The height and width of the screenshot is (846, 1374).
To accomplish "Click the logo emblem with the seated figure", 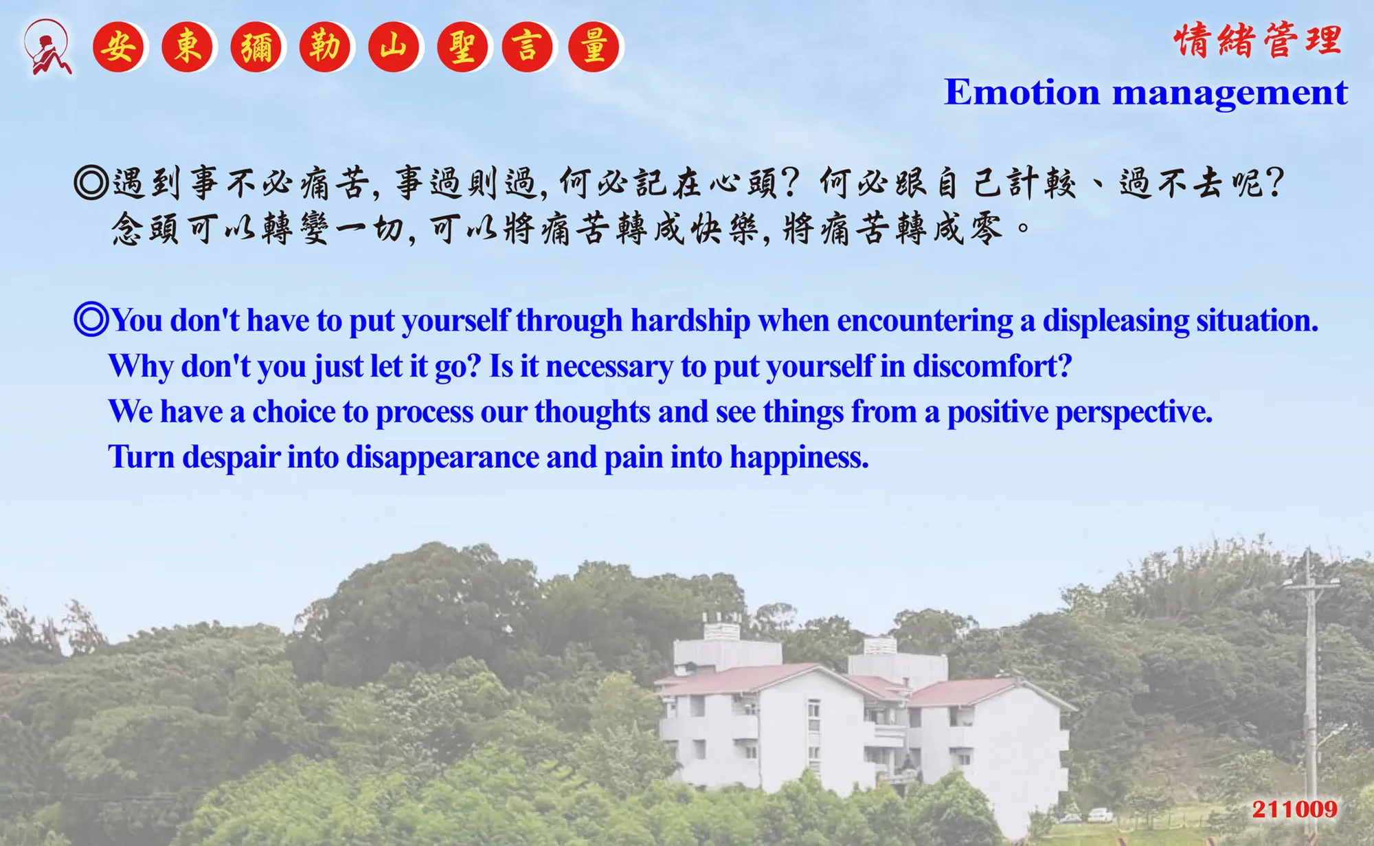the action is tap(47, 47).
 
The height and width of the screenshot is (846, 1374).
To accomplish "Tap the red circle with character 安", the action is tap(119, 47).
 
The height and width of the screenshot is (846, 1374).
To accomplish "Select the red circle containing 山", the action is tap(394, 47).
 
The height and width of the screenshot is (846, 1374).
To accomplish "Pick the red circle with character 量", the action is tap(595, 47).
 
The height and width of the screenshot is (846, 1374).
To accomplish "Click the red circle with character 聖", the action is tap(462, 47).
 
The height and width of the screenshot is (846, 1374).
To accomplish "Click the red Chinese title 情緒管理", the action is tap(1258, 40).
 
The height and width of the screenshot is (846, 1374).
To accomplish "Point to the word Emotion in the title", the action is tap(1022, 92).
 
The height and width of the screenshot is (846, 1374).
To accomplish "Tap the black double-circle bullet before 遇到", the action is tap(91, 183).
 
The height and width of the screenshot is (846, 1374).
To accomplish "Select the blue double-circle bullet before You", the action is tap(91, 320).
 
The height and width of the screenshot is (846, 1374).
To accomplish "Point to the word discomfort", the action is tap(992, 366).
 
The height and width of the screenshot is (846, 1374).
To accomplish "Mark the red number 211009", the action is tap(1295, 809).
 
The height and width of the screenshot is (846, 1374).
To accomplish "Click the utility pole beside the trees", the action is tap(1311, 687).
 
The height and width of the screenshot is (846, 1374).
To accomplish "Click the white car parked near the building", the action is tap(1100, 815).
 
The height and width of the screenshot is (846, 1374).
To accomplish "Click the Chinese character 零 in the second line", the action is tap(987, 228).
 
